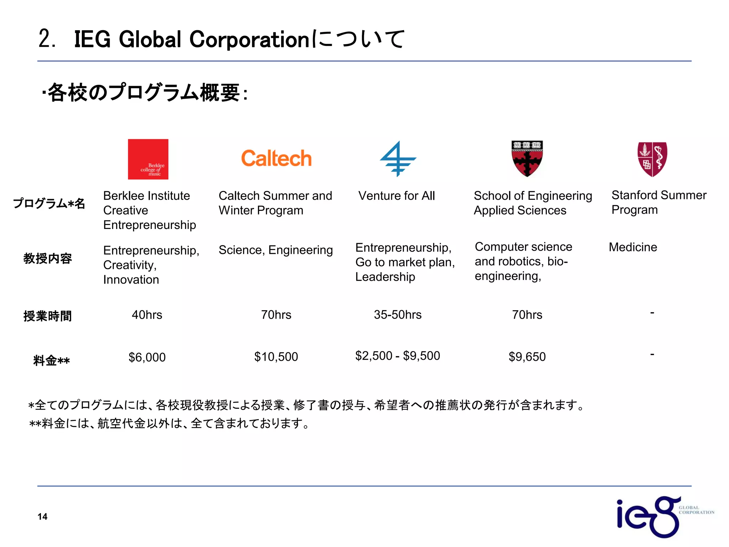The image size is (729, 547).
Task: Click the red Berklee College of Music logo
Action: pos(148,159)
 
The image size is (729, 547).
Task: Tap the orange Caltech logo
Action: pos(276,158)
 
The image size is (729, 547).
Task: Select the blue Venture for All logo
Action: pos(398,159)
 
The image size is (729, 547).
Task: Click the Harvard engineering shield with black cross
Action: pos(527,158)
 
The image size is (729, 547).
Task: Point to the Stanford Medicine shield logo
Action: pos(652,159)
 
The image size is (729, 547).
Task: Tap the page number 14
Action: pos(42,517)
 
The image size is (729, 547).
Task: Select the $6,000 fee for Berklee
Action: pos(147,357)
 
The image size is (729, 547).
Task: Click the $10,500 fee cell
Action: pos(276,356)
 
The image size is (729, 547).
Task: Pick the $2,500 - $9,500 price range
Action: pos(398,356)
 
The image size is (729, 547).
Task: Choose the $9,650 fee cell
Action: pos(527,356)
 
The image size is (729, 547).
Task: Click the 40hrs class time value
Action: pos(147,315)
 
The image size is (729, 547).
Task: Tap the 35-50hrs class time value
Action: pos(398,315)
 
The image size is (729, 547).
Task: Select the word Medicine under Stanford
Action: pos(633,247)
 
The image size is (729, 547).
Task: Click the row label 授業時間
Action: pos(48,316)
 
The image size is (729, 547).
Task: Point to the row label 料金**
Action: pos(51,361)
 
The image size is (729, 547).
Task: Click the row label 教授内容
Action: pos(48,258)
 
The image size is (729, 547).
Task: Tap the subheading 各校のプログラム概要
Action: pos(144,93)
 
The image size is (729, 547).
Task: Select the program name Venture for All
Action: pos(397,196)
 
